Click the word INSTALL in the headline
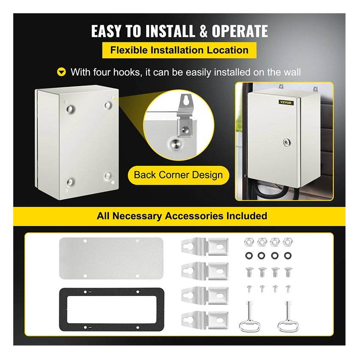pyautogui.click(x=170, y=31)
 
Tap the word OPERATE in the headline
pyautogui.click(x=240, y=31)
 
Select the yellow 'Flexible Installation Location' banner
pyautogui.click(x=179, y=50)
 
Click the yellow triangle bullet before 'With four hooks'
pyautogui.click(x=61, y=72)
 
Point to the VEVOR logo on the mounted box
pyautogui.click(x=285, y=102)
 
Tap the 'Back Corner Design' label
pyautogui.click(x=178, y=175)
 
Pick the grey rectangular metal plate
pyautogui.click(x=111, y=258)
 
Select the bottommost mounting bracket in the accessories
pyautogui.click(x=205, y=320)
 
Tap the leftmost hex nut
pyautogui.click(x=248, y=242)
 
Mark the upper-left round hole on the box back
pyautogui.click(x=69, y=108)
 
